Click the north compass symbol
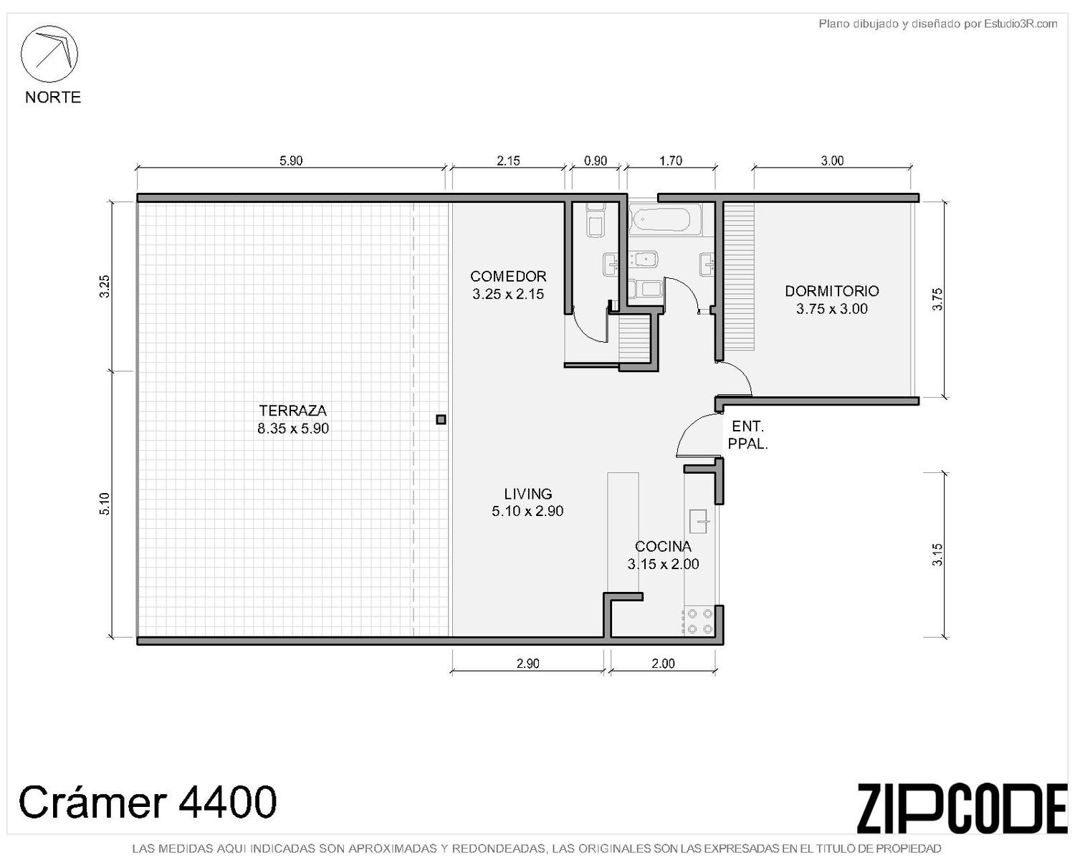pos(49,54)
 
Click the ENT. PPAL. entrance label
pos(747,435)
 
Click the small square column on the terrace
pos(441,420)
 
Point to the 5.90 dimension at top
pos(291,161)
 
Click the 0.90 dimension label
pos(596,161)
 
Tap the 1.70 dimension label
pos(670,161)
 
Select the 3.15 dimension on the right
pos(937,554)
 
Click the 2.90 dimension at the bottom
pos(528,663)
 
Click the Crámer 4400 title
pos(148,801)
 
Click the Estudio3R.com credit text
pos(937,24)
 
